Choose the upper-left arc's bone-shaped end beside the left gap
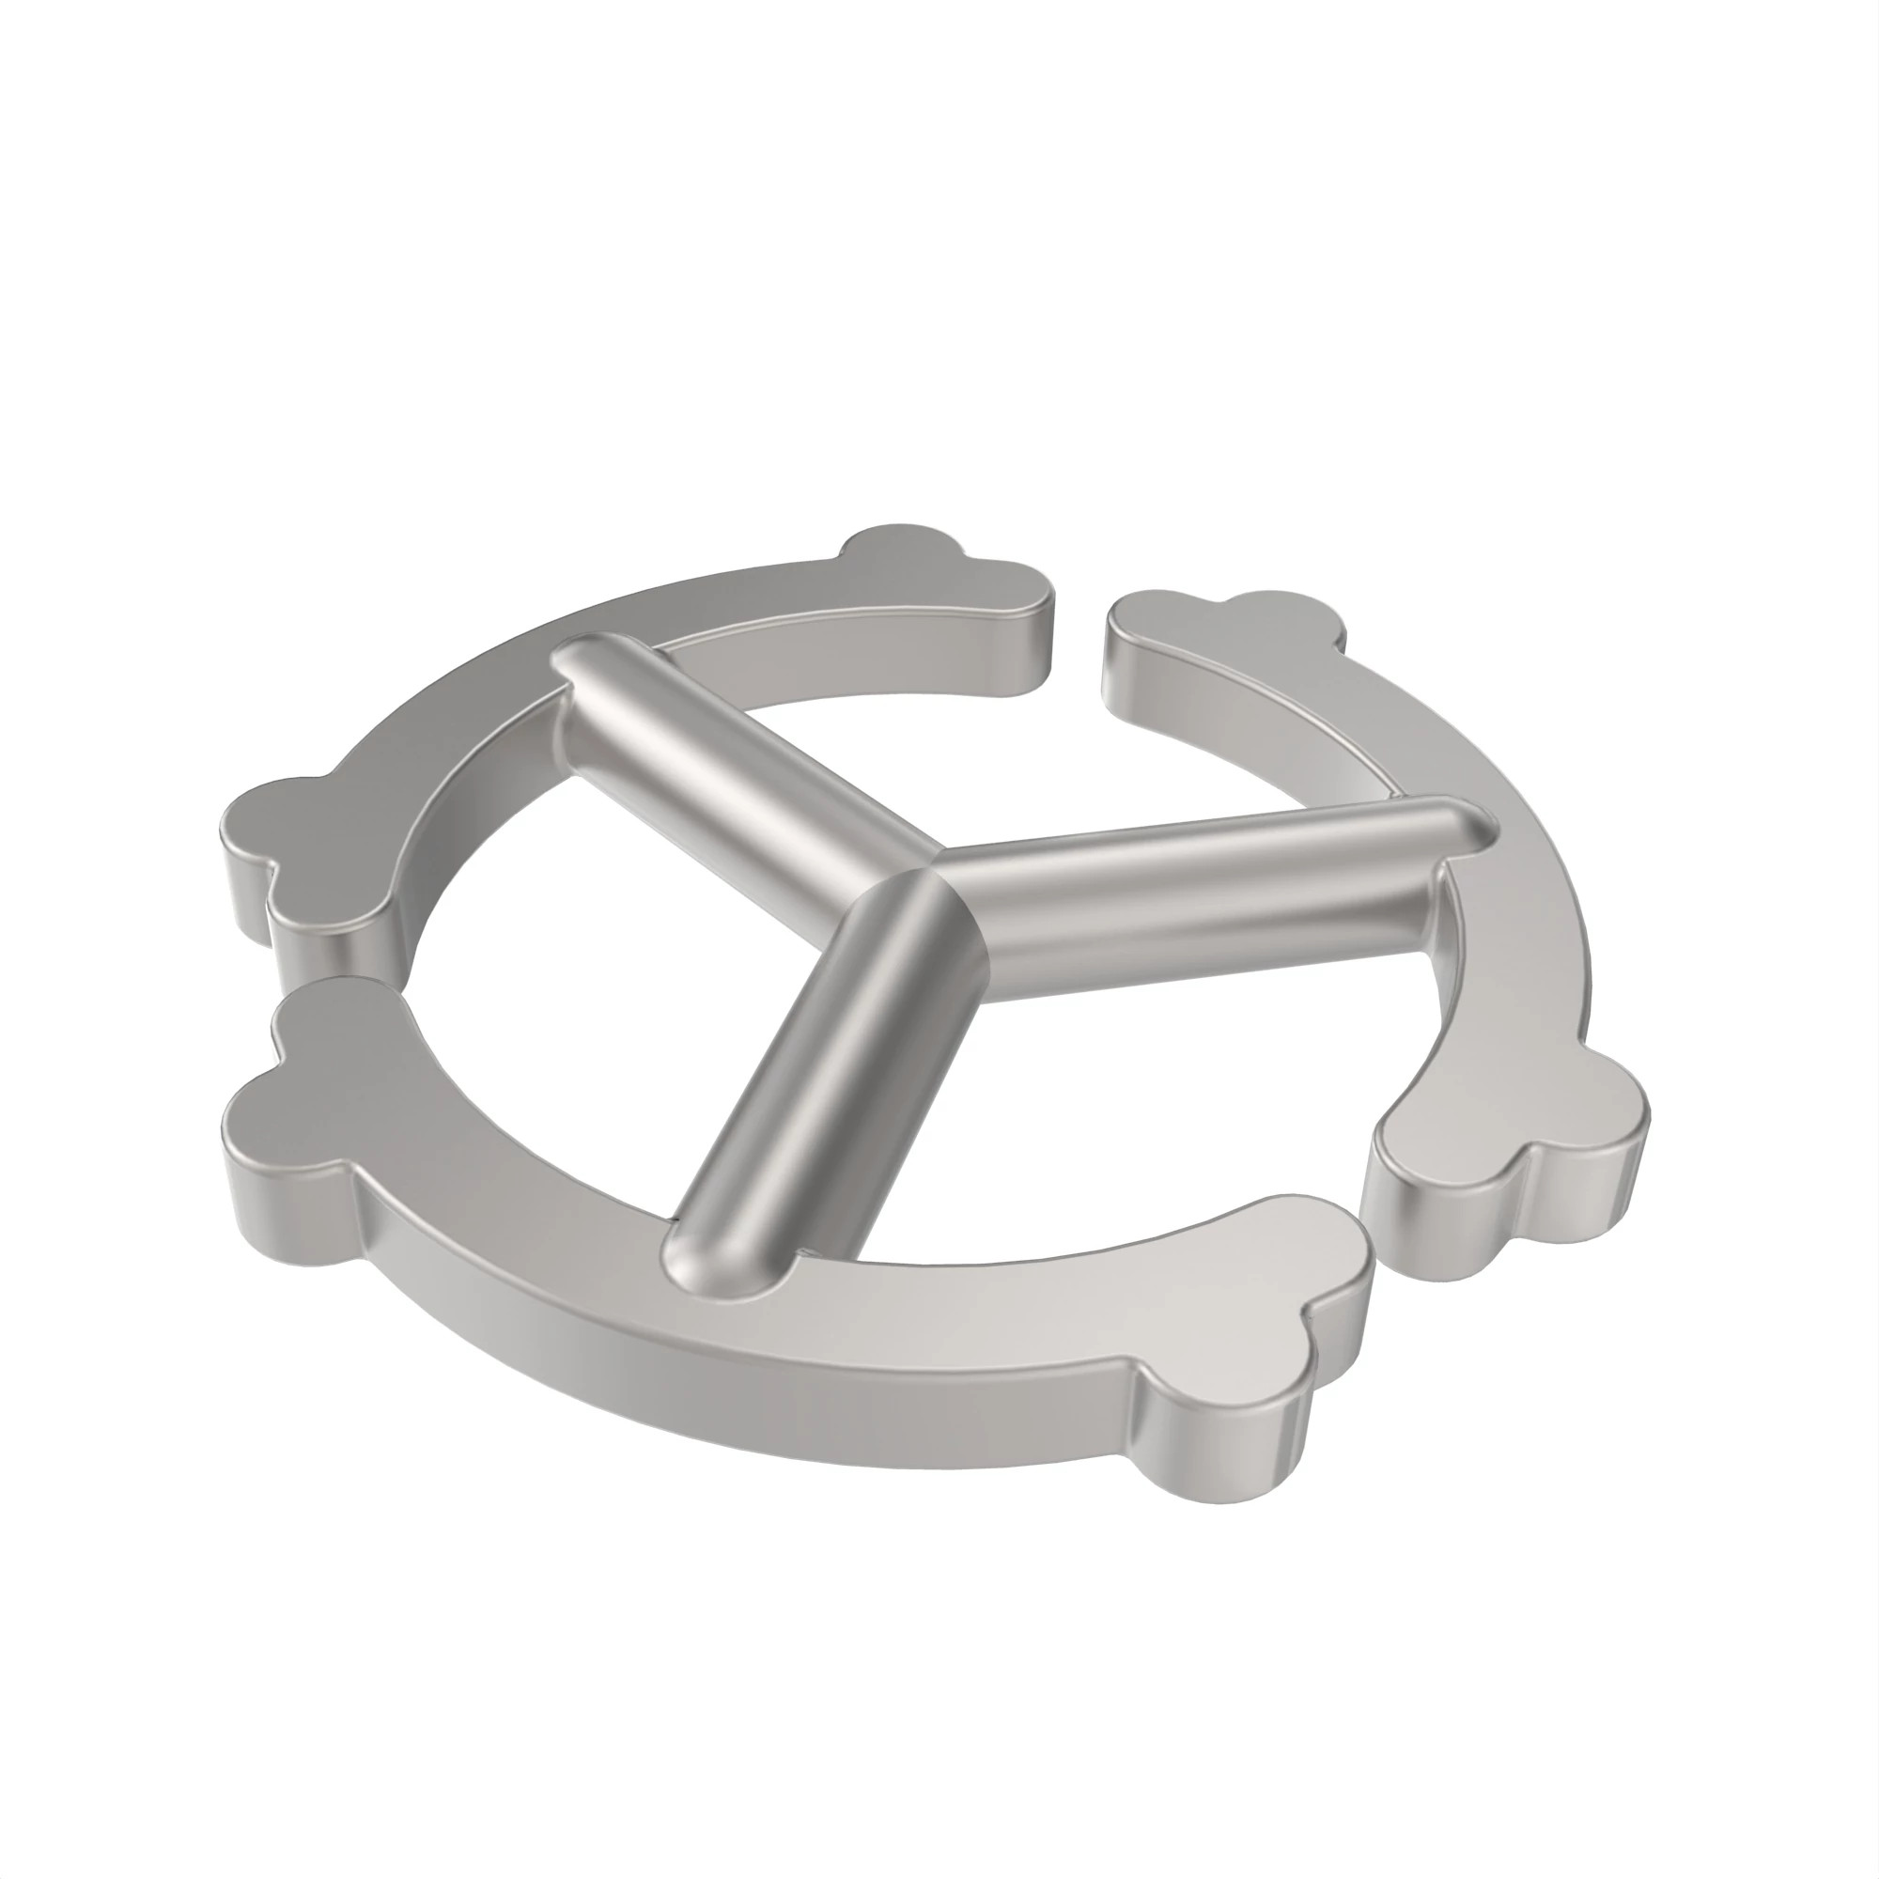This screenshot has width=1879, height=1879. point(302,827)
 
